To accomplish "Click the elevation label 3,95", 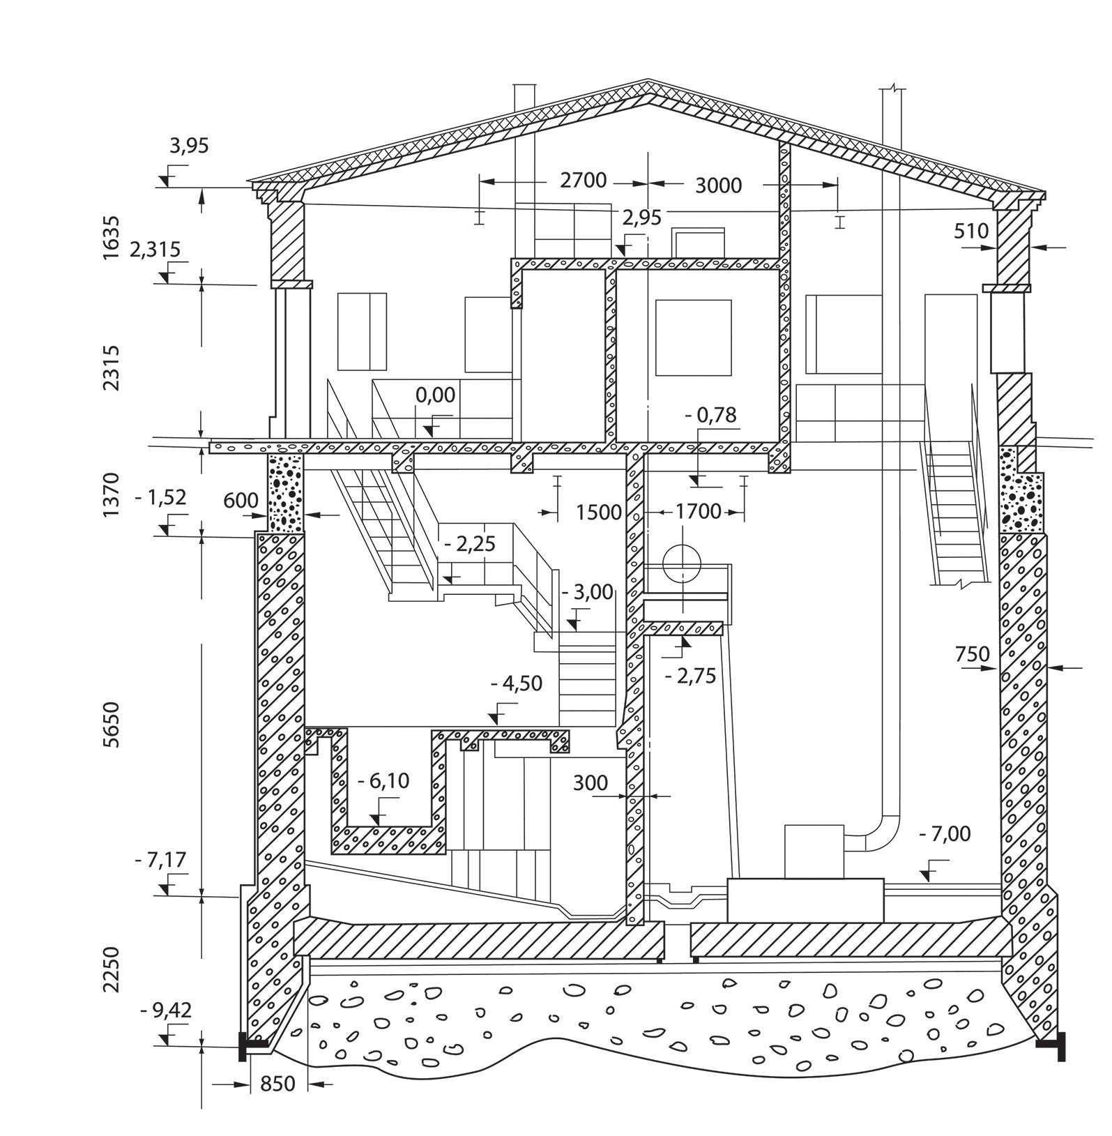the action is click(189, 146).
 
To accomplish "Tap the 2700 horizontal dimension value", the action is click(584, 181).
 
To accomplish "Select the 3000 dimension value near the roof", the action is click(718, 185).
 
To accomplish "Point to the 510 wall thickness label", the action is click(972, 231).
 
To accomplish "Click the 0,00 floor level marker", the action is click(435, 395).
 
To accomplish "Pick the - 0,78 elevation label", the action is click(710, 415).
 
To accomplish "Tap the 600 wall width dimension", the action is click(241, 500).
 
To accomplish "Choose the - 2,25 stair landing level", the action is click(470, 543).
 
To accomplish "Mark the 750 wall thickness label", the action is click(972, 654).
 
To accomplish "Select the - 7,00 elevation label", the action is click(945, 834).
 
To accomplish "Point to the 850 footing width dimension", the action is click(277, 1084).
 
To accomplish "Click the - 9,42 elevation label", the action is click(166, 1010).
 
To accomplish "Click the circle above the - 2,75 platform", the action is click(683, 565).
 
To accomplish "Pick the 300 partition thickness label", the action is click(591, 783).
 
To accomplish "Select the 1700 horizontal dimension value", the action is click(698, 512).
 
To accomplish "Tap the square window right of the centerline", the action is click(693, 338).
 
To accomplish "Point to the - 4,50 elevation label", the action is click(517, 683).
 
